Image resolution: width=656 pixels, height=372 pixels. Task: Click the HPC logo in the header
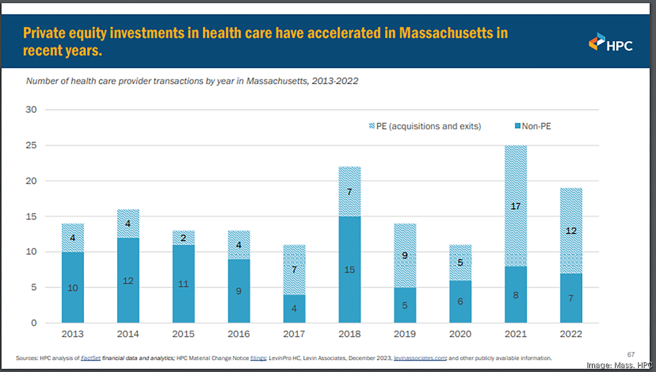pos(610,42)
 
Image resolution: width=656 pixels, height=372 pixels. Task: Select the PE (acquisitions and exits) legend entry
pos(425,126)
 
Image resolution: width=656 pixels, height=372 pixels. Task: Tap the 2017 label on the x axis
pos(294,334)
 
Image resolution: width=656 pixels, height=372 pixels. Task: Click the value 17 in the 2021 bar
pos(516,207)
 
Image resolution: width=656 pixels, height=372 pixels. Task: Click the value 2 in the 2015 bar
pos(183,239)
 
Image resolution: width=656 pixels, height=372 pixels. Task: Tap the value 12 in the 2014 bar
pos(128,280)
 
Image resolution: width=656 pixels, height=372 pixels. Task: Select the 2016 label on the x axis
pos(238,334)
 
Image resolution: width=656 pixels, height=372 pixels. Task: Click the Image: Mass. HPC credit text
pos(619,365)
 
